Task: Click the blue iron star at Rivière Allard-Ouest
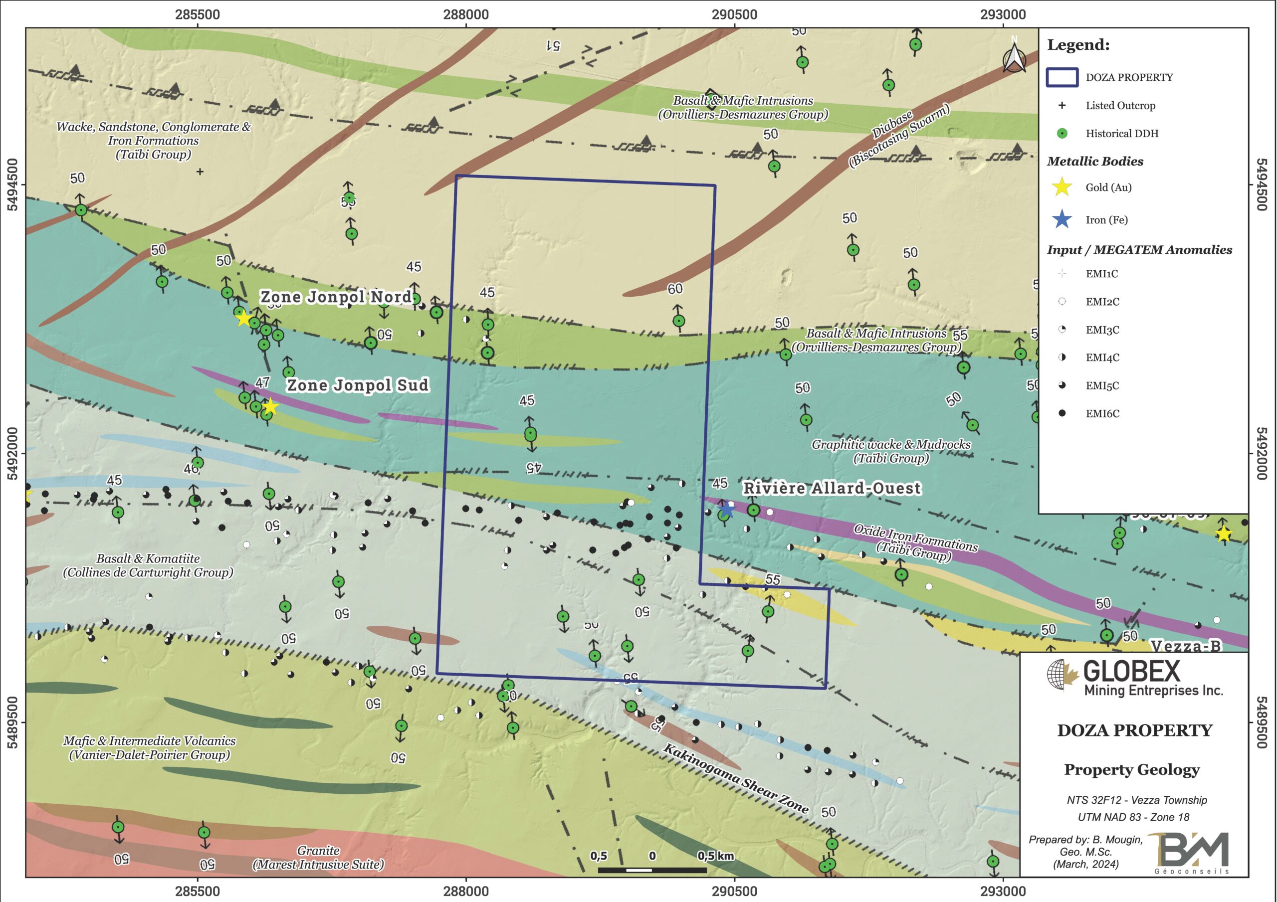tap(726, 508)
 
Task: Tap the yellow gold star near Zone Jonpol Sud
tap(270, 407)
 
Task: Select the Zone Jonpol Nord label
tap(335, 297)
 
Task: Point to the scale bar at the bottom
tap(652, 870)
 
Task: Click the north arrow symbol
tap(1014, 58)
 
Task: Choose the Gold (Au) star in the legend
tap(1062, 187)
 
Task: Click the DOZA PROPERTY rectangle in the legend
tap(1062, 77)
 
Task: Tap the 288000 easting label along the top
tap(465, 14)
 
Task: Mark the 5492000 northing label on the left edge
tap(12, 453)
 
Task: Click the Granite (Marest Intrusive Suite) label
tap(318, 857)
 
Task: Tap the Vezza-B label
tap(1185, 646)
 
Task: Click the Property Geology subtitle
tap(1131, 770)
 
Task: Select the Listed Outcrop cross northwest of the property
tap(200, 172)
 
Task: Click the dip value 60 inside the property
tap(674, 289)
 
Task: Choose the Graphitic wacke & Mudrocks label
tap(891, 451)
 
